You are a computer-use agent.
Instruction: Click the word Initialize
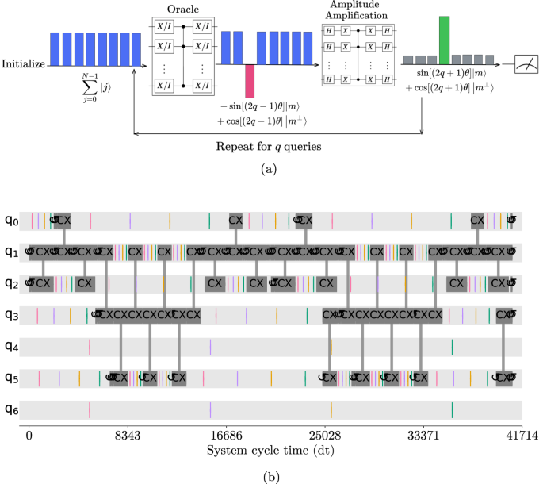pos(23,63)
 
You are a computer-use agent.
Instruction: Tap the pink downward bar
pos(250,81)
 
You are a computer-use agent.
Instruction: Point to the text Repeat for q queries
pos(271,147)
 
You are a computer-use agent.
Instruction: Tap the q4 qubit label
pos(11,347)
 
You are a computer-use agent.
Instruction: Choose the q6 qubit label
pos(11,409)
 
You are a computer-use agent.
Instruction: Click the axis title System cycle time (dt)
pos(271,451)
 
